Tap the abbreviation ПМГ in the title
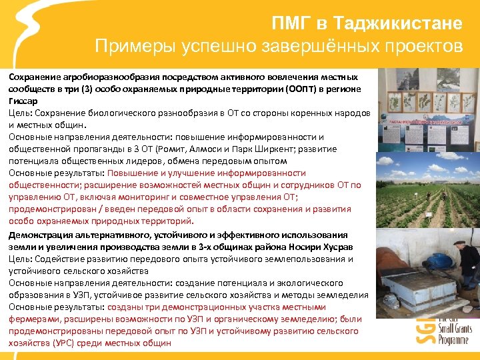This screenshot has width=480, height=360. point(293,23)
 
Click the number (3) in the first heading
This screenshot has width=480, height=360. point(105,89)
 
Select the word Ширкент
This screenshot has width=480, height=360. point(301,149)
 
